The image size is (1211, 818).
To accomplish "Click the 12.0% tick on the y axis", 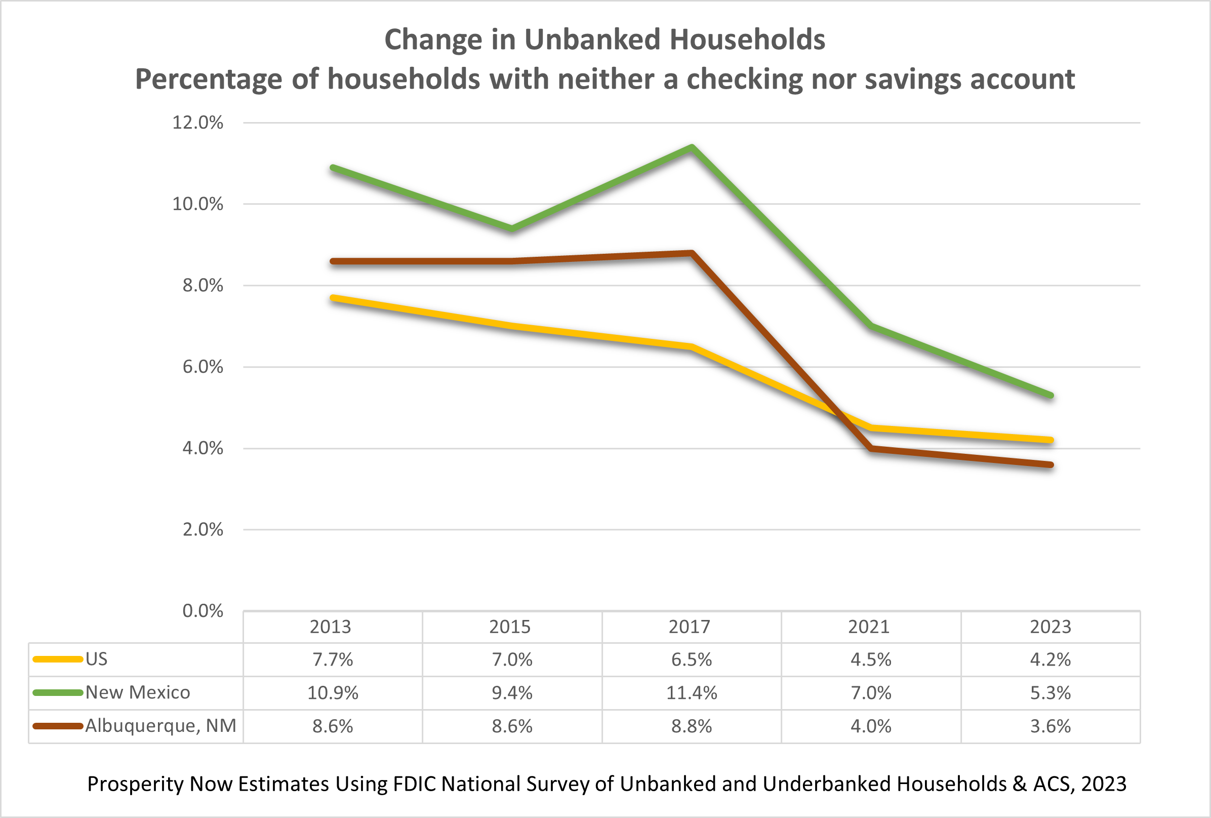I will pos(197,123).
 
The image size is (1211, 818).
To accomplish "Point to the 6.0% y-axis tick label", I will pos(202,367).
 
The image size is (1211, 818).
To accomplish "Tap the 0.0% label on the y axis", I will pos(202,611).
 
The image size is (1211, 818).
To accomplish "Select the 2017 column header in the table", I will pos(689,627).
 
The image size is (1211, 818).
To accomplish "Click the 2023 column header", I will pos(1050,627).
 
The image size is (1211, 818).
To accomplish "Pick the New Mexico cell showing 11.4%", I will pos(692,693).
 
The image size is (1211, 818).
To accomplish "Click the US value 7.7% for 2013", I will pos(333,660).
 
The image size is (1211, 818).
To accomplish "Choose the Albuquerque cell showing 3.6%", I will pos(1050,726).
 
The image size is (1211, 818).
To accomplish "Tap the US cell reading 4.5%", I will pos(871,660).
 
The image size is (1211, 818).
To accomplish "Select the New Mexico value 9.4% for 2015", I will pos(512,693).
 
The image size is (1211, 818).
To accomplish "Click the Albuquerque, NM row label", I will pos(160,726).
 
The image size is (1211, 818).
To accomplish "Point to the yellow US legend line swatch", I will pos(57,659).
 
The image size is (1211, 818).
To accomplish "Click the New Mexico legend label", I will pos(138,692).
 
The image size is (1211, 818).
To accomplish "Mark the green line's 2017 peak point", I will pos(692,147).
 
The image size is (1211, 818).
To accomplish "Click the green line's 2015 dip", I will pos(512,229).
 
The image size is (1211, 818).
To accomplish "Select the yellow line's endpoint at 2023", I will pos(1051,440).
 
